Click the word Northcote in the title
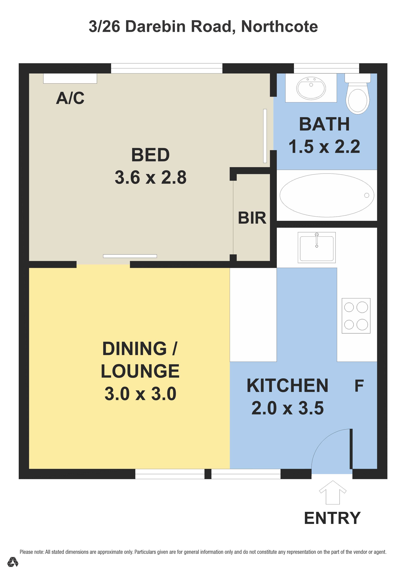coord(279,26)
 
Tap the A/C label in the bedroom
coord(70,98)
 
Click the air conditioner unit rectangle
coord(70,78)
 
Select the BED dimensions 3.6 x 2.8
coord(151,177)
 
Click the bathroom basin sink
coord(311,88)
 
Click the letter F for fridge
coord(359,386)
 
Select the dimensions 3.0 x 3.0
coord(140,394)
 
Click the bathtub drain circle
coord(367,195)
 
